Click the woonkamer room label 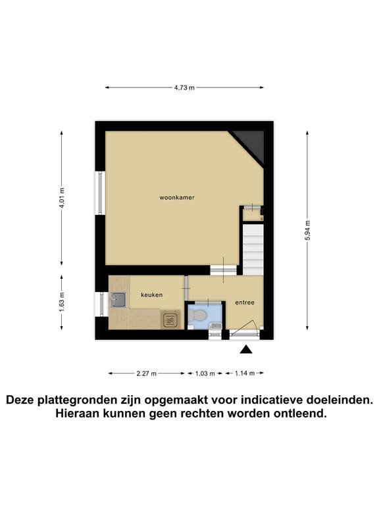176,197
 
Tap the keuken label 151,295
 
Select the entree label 245,302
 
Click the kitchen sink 119,301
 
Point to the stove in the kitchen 170,320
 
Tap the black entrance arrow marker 246,350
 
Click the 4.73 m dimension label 184,87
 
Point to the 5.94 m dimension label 307,230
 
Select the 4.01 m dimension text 62,198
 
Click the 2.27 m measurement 146,373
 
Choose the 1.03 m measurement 205,373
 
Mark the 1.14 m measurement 244,373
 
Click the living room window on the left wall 99,193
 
